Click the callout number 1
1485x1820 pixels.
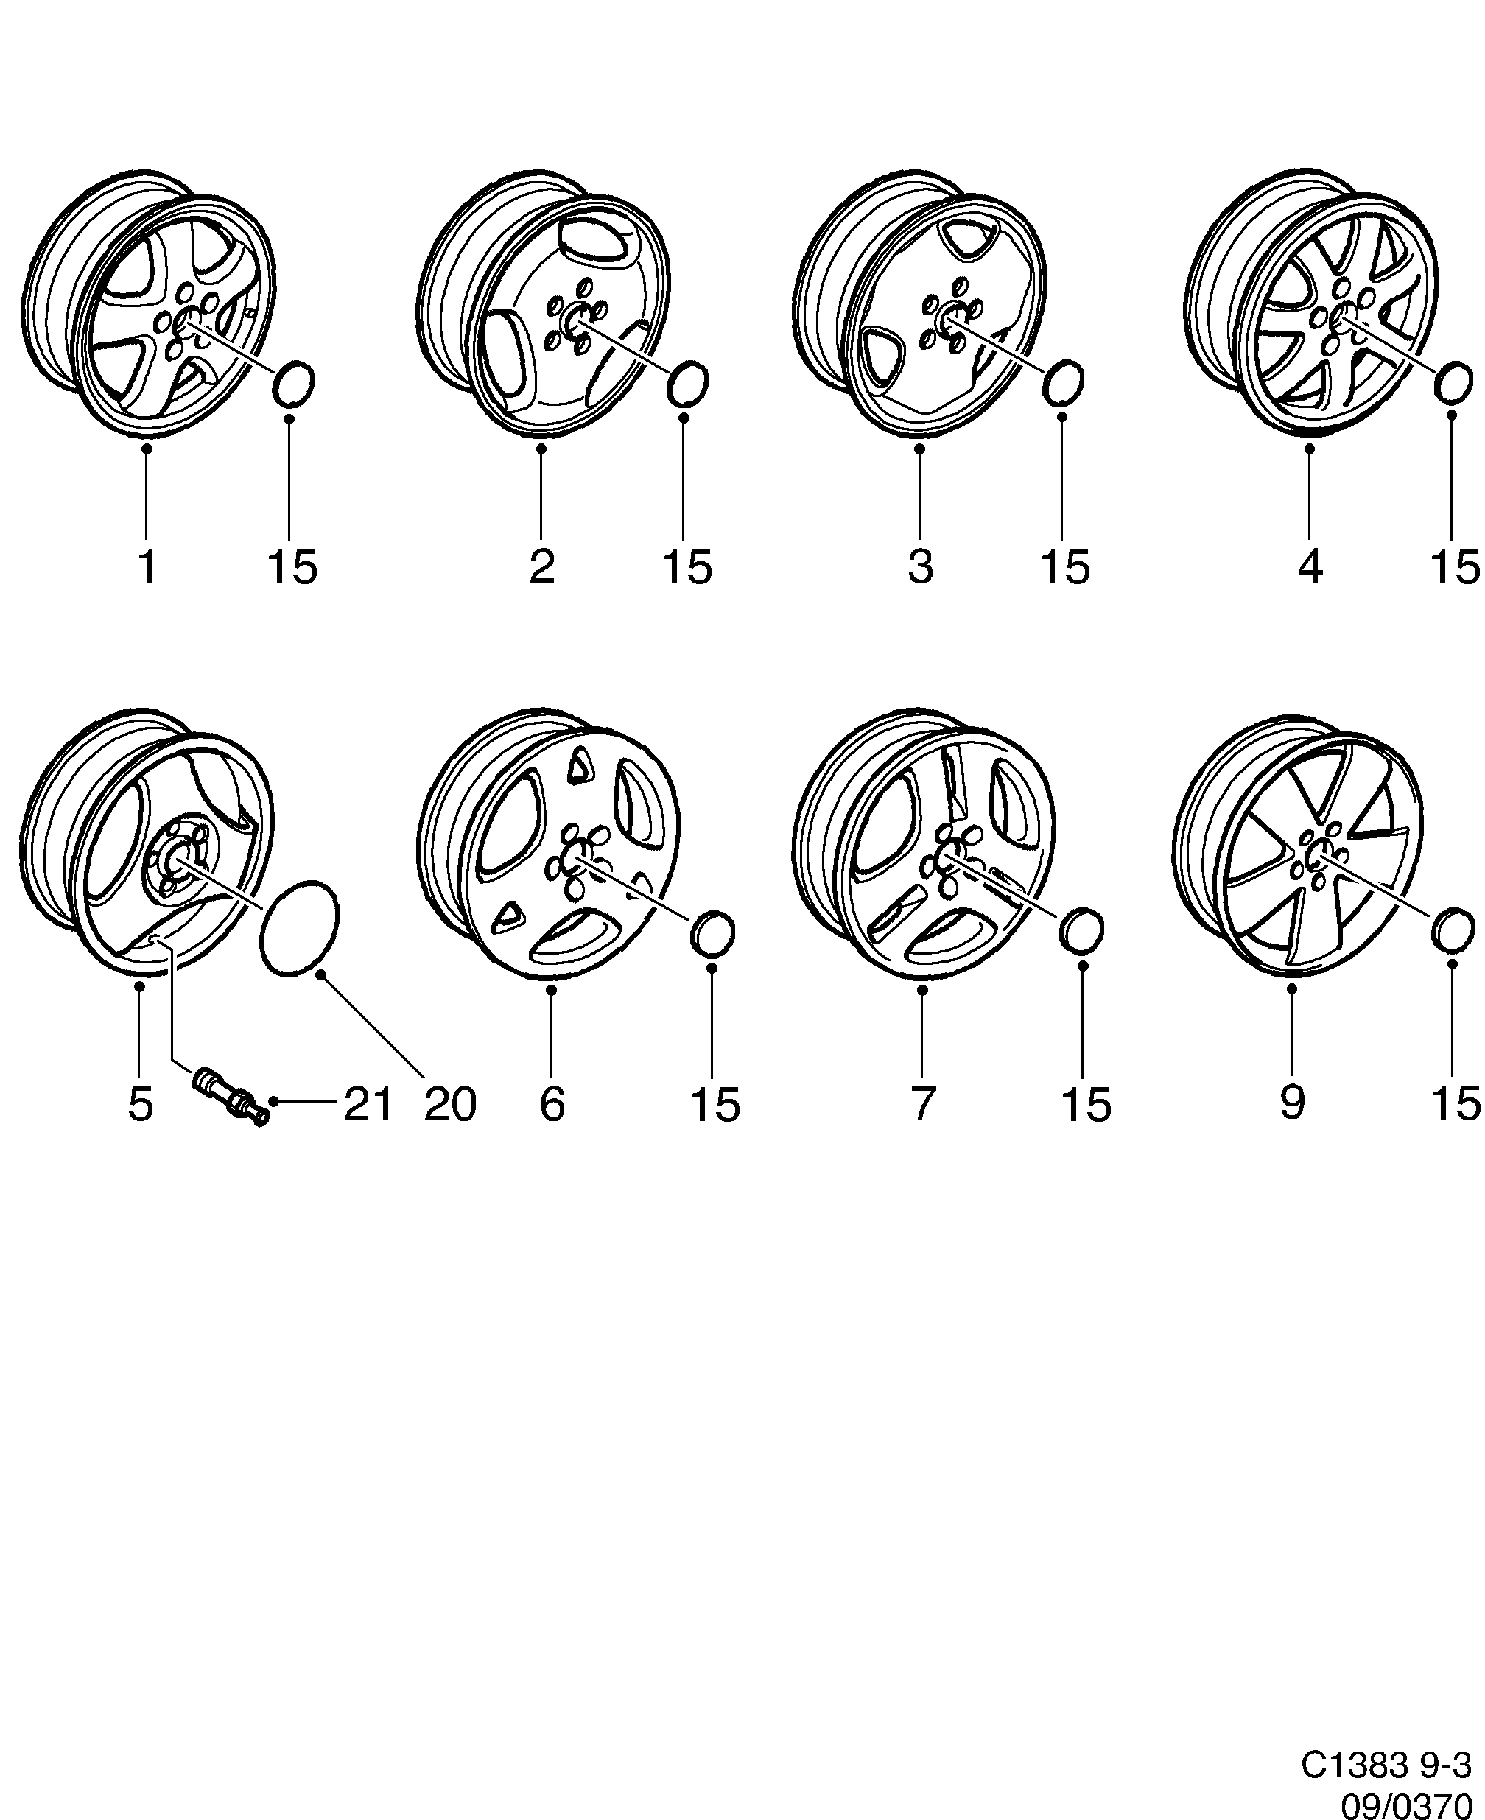pyautogui.click(x=148, y=567)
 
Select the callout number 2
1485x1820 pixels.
pyautogui.click(x=542, y=567)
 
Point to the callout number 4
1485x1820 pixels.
pyautogui.click(x=1310, y=567)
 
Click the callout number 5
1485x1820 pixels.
pyautogui.click(x=140, y=1104)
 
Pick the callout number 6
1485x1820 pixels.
pyautogui.click(x=552, y=1104)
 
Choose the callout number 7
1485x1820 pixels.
pyautogui.click(x=921, y=1104)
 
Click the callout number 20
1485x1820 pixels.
pyautogui.click(x=450, y=1104)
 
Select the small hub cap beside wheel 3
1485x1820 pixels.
pyautogui.click(x=1064, y=382)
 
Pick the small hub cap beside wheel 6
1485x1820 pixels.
pyautogui.click(x=712, y=934)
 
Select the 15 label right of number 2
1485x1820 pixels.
pyautogui.click(x=687, y=567)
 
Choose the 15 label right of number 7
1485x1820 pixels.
pyautogui.click(x=1086, y=1104)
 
